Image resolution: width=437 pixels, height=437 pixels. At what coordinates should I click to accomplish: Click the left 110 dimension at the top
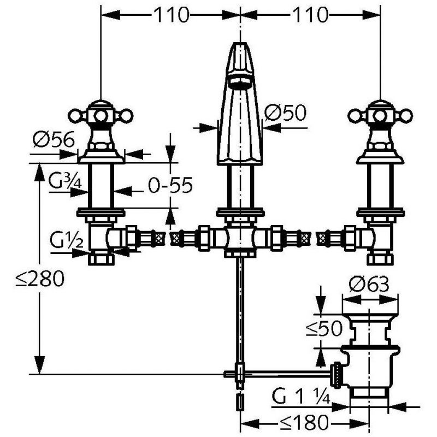pyautogui.click(x=171, y=15)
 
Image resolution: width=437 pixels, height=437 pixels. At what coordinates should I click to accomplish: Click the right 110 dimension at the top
pyautogui.click(x=310, y=15)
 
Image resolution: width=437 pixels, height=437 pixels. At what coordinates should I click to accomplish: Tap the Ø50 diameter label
pyautogui.click(x=285, y=113)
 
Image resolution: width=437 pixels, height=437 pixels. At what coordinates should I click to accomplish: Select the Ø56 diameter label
pyautogui.click(x=54, y=139)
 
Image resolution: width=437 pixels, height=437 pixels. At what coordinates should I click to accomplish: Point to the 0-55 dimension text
pyautogui.click(x=170, y=185)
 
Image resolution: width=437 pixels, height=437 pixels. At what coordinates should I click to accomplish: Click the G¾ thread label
pyautogui.click(x=64, y=181)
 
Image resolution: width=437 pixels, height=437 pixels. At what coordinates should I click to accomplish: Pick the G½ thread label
pyautogui.click(x=67, y=240)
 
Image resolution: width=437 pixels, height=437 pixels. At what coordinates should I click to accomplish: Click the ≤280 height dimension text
pyautogui.click(x=40, y=279)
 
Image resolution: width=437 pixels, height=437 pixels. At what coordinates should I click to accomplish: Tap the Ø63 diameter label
pyautogui.click(x=369, y=284)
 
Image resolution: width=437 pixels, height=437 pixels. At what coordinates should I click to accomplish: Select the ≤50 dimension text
pyautogui.click(x=323, y=328)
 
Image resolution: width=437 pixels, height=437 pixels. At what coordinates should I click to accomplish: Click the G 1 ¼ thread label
pyautogui.click(x=301, y=397)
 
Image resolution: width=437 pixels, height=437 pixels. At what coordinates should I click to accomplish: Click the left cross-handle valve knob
pyautogui.click(x=101, y=115)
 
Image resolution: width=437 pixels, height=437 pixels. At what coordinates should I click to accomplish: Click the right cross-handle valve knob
pyautogui.click(x=380, y=115)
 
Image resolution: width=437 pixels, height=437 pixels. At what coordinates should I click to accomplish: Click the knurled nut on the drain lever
pyautogui.click(x=336, y=374)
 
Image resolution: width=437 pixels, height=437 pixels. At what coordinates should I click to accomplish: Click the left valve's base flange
pyautogui.click(x=101, y=157)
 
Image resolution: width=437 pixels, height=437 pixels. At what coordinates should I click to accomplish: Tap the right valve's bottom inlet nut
pyautogui.click(x=380, y=258)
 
